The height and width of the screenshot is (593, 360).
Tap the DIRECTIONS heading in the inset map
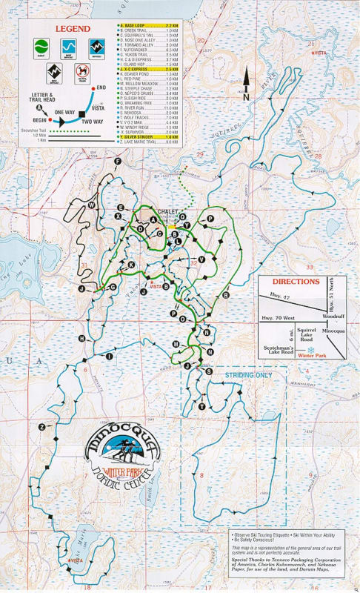tap(296, 282)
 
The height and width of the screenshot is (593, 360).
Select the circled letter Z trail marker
tap(42, 427)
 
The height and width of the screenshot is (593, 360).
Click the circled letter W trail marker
tap(92, 204)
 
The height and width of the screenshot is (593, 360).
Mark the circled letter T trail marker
tap(201, 407)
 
